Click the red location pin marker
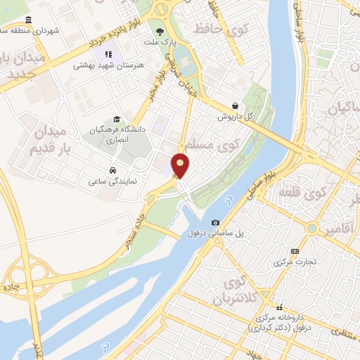pyautogui.click(x=181, y=165)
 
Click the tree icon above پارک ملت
pyautogui.click(x=160, y=32)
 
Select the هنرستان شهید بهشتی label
pyautogui.click(x=108, y=65)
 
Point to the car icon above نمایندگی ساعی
pyautogui.click(x=112, y=169)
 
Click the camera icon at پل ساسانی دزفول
pyautogui.click(x=216, y=223)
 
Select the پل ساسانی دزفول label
pyautogui.click(x=216, y=234)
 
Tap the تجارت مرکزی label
pyautogui.click(x=295, y=263)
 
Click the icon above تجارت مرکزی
pyautogui.click(x=295, y=252)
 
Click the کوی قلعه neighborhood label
pyautogui.click(x=303, y=192)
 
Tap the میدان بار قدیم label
pyautogui.click(x=49, y=141)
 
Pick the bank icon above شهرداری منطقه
pyautogui.click(x=28, y=20)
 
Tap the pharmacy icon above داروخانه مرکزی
pyautogui.click(x=281, y=307)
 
